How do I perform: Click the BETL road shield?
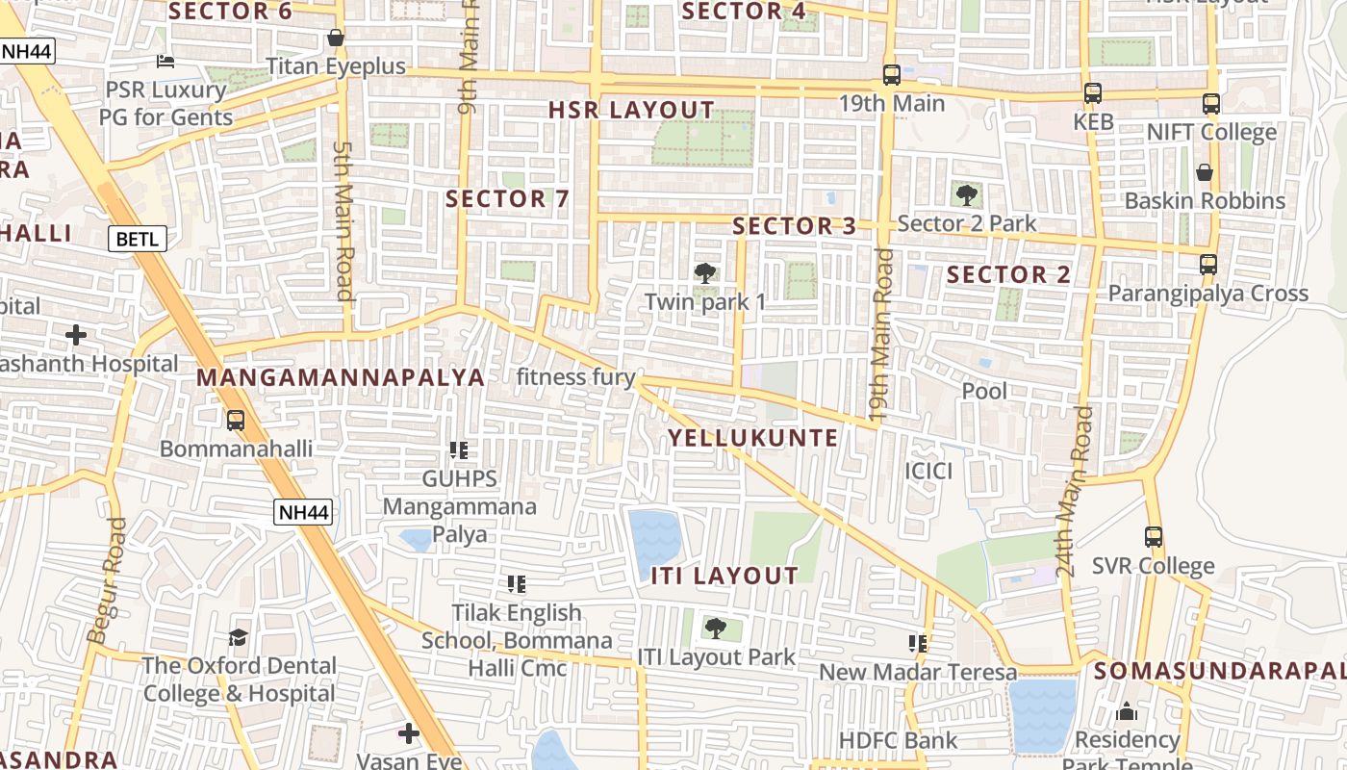tap(138, 239)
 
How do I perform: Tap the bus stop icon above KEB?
tap(1092, 93)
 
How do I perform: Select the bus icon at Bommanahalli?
tap(236, 420)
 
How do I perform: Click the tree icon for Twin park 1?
tap(705, 273)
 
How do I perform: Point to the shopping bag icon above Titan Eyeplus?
tap(336, 38)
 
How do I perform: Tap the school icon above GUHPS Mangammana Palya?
tap(459, 449)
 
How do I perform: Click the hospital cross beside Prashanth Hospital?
tap(76, 335)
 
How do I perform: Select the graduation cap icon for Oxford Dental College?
tap(238, 637)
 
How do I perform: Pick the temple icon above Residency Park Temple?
tap(1127, 711)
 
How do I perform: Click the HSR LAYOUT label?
tap(631, 110)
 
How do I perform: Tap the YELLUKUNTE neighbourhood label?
tap(753, 438)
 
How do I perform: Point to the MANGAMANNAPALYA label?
tap(341, 377)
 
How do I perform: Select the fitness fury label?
tap(575, 376)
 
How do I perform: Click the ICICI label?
tap(928, 471)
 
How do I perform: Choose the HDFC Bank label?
tap(899, 740)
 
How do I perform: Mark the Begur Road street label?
tap(106, 580)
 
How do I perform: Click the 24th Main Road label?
tap(1073, 491)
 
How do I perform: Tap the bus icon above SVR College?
tap(1153, 537)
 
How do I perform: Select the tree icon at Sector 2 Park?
tap(967, 195)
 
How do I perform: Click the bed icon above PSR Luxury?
tap(165, 62)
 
